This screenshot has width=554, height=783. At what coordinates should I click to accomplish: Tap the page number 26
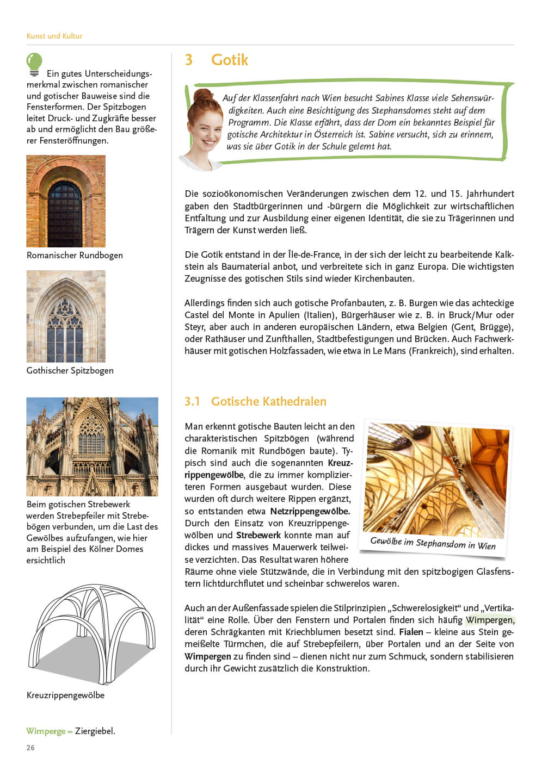pyautogui.click(x=30, y=748)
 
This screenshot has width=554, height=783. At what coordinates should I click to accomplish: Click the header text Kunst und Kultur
pyautogui.click(x=54, y=36)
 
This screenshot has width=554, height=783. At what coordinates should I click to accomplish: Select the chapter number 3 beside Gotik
pyautogui.click(x=189, y=60)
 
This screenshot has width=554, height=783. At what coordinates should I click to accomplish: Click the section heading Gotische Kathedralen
pyautogui.click(x=268, y=401)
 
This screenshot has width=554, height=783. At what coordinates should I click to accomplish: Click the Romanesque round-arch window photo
pyautogui.click(x=66, y=201)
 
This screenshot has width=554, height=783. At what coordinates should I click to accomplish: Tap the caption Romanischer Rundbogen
pyautogui.click(x=75, y=255)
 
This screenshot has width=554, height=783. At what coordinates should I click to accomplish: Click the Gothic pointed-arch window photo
pyautogui.click(x=66, y=316)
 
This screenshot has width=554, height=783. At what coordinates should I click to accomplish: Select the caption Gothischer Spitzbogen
pyautogui.click(x=70, y=370)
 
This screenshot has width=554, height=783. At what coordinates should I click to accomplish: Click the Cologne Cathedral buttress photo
pyautogui.click(x=92, y=446)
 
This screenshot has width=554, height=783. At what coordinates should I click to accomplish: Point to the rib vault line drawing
pyautogui.click(x=91, y=633)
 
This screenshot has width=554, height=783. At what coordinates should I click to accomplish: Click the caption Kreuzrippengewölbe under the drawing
pyautogui.click(x=65, y=695)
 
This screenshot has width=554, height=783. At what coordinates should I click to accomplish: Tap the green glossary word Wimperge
pyautogui.click(x=46, y=731)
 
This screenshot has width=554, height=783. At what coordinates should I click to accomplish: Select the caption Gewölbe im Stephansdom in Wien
pyautogui.click(x=433, y=543)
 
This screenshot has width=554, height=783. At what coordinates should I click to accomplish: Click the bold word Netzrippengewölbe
pyautogui.click(x=310, y=511)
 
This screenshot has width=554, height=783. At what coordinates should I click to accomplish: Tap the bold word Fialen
pyautogui.click(x=411, y=632)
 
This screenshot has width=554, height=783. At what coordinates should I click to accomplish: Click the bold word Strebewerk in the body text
pyautogui.click(x=258, y=535)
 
